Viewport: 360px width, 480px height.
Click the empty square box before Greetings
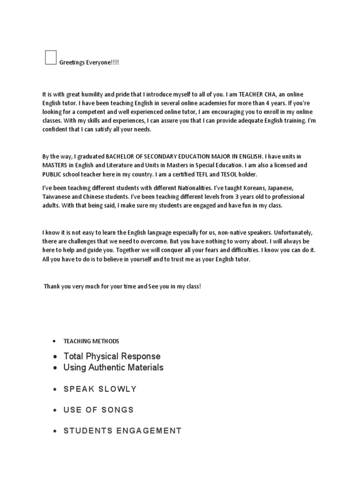pos(51,57)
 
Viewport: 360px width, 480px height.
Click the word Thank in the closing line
pos(52,286)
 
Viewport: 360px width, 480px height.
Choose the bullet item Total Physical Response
pos(112,356)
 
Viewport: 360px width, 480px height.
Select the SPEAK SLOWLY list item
pos(100,389)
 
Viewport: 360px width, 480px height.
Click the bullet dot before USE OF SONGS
pos(55,410)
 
